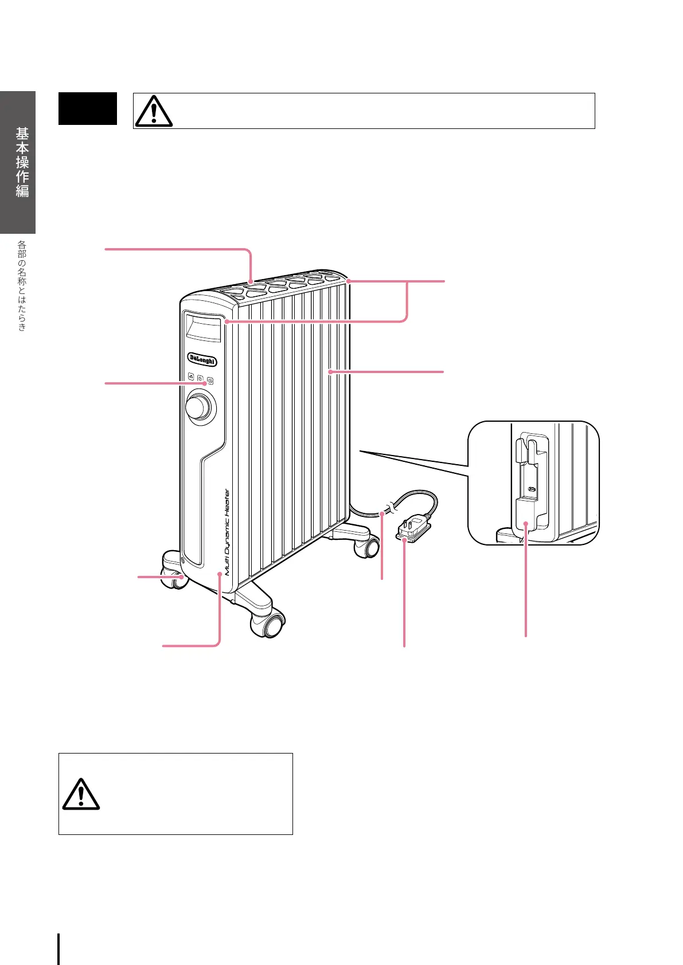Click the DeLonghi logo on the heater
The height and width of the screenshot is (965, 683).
(x=202, y=360)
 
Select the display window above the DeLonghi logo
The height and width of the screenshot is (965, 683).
(x=202, y=328)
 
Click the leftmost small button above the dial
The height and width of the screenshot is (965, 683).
(x=191, y=377)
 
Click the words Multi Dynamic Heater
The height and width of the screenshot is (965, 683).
(x=227, y=531)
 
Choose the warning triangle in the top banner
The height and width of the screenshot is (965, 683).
(x=154, y=111)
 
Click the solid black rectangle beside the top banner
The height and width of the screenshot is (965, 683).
(x=88, y=108)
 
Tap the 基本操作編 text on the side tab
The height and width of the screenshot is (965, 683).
(x=22, y=162)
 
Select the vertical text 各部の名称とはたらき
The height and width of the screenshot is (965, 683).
(x=22, y=285)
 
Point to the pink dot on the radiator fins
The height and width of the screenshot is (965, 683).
(x=330, y=372)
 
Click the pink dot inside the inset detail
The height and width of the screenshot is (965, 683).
(x=526, y=523)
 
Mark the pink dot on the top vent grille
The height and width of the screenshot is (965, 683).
(x=251, y=281)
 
